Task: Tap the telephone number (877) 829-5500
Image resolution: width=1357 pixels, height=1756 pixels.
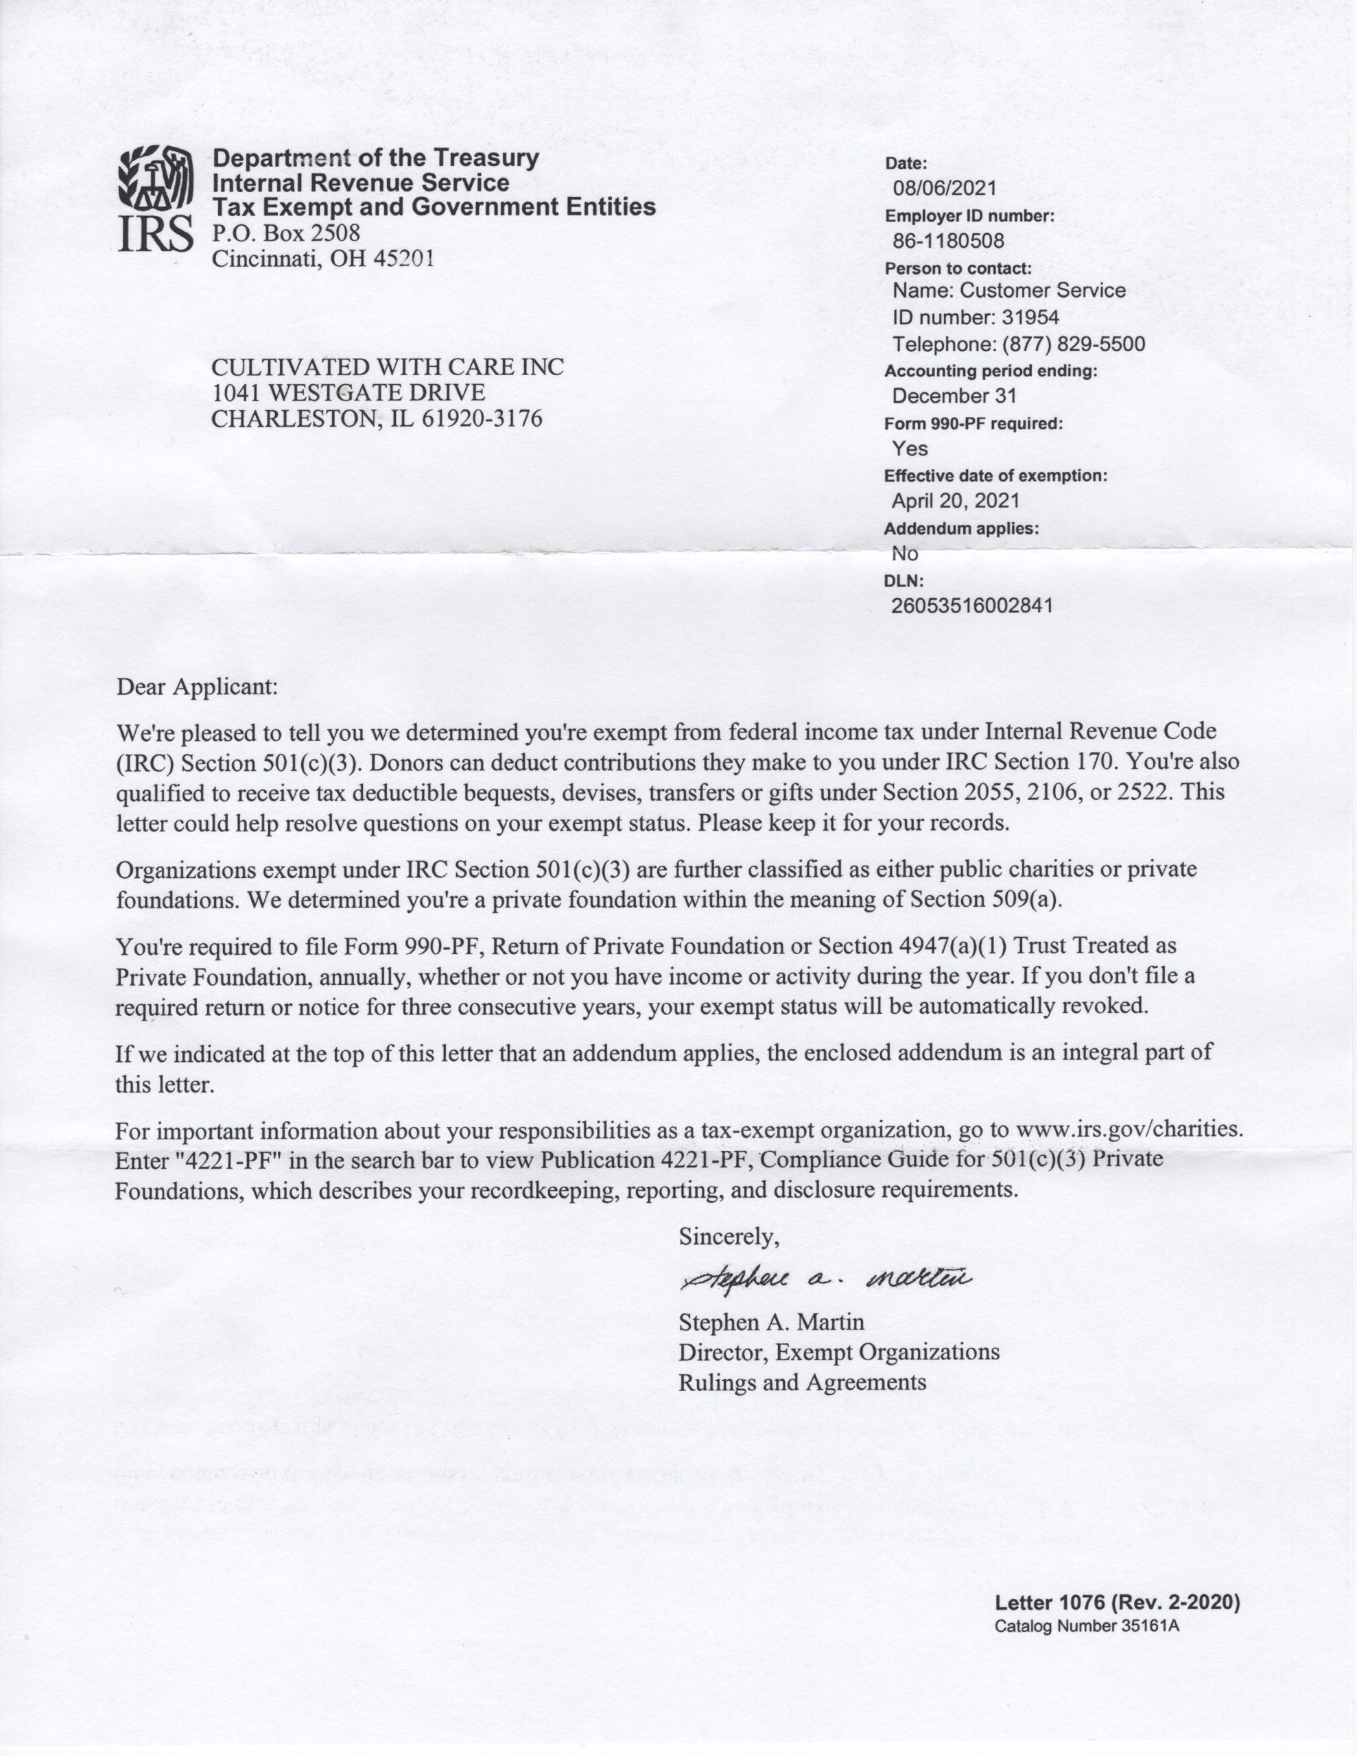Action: click(x=1073, y=344)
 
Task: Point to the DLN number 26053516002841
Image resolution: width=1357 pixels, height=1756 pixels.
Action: click(x=971, y=606)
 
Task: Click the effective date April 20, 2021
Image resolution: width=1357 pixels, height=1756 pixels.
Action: click(x=956, y=501)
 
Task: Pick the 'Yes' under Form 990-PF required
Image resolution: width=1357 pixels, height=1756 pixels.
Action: click(x=910, y=449)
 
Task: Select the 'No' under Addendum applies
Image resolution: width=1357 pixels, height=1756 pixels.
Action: click(x=905, y=553)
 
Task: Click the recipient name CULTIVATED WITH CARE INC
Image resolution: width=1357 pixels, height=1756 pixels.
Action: click(x=387, y=368)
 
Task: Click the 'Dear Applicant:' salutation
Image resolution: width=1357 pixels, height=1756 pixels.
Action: click(x=197, y=687)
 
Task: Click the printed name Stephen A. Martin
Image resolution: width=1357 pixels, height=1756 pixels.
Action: click(x=771, y=1322)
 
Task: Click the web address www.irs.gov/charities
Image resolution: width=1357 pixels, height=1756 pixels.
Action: click(x=1129, y=1129)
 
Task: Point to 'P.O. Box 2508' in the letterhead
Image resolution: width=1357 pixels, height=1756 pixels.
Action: click(x=285, y=233)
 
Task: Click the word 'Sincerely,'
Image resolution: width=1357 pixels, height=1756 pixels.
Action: click(x=729, y=1237)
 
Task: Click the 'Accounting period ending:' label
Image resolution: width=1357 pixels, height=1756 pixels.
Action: click(x=990, y=372)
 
